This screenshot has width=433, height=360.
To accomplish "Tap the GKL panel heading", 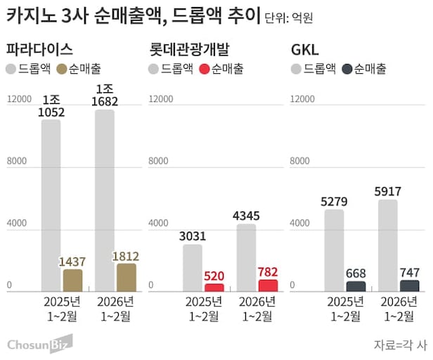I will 304,50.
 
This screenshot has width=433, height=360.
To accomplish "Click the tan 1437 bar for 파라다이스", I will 72,281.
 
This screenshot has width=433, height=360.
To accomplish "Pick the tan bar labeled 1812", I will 125,277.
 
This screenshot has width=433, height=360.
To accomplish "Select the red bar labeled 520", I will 214,288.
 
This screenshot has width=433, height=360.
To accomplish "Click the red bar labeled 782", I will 268,285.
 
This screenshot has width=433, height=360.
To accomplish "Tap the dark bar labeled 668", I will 356,286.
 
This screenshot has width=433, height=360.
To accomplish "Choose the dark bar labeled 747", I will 410,285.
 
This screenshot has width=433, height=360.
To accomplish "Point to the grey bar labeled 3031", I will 193,267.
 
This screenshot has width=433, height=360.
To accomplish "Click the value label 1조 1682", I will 105,96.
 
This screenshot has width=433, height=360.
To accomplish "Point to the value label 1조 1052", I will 51,105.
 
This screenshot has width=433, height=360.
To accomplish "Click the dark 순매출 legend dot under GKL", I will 347,69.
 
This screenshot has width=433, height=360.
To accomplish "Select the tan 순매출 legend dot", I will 61,69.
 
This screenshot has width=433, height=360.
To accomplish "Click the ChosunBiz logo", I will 39,344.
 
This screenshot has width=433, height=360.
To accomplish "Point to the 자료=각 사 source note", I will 400,345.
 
